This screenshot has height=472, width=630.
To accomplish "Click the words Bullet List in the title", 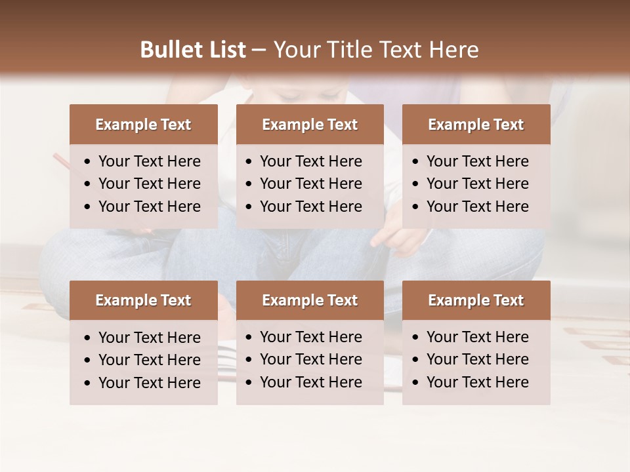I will [x=193, y=50].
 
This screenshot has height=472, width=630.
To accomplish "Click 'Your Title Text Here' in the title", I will [x=375, y=50].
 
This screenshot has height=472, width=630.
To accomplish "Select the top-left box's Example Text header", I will [x=143, y=125].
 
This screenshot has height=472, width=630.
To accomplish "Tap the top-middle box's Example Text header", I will [x=310, y=125].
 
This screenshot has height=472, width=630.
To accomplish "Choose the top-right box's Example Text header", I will [x=476, y=125].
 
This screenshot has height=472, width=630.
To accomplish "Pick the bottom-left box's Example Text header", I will [x=143, y=300].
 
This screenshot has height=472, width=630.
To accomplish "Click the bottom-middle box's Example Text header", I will [x=310, y=300].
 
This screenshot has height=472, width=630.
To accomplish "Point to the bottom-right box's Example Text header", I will [x=476, y=300].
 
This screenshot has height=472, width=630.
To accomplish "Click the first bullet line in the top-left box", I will [x=149, y=161].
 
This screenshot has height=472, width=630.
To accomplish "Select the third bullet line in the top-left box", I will [x=149, y=206].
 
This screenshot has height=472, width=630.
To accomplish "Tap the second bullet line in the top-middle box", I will [x=310, y=184].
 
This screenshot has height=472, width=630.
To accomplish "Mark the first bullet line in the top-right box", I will [x=477, y=161].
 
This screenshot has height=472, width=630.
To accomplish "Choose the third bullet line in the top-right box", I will [x=477, y=206].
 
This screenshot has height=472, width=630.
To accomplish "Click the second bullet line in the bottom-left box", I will [x=149, y=360].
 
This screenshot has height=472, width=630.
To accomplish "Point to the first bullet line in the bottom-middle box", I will [x=310, y=337].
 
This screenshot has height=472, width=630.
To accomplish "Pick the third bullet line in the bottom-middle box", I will [x=310, y=382].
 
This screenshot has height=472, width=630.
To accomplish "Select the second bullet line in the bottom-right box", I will [x=477, y=359].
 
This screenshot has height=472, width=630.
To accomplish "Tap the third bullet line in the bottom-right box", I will [x=477, y=382].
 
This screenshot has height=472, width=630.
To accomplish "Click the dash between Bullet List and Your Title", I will [x=259, y=50].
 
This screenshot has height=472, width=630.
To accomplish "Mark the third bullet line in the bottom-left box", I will [x=149, y=383].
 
